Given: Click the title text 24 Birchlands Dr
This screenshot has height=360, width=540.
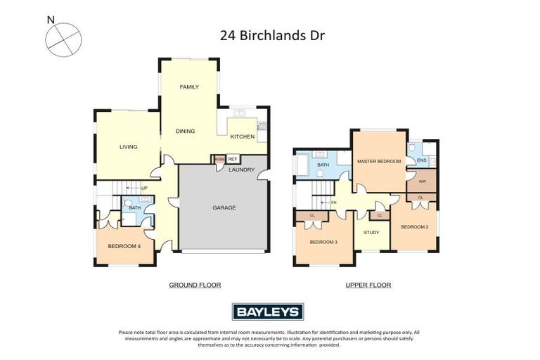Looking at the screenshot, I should [270, 34].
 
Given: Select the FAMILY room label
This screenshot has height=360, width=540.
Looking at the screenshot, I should [188, 87].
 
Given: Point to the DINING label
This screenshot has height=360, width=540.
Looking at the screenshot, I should [185, 131].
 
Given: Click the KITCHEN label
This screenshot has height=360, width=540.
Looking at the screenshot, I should [242, 136].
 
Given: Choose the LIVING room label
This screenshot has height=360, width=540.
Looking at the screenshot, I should [128, 147].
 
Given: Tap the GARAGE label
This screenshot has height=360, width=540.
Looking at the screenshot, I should [224, 207].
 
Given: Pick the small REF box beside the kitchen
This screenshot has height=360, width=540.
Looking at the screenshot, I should [233, 159].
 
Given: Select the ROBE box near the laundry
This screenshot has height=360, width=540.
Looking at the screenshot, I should [219, 159].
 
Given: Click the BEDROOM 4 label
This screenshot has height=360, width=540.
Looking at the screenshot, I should [124, 246].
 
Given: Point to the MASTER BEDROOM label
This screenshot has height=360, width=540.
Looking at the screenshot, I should [378, 162].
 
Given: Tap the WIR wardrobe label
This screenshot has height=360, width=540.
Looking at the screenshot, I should [422, 181].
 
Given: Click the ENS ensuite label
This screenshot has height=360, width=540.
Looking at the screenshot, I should [422, 161].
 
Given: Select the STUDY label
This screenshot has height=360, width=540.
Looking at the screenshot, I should [371, 233].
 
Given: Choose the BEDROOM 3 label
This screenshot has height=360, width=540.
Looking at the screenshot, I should [323, 243].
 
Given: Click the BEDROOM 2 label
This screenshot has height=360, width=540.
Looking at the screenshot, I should [415, 226].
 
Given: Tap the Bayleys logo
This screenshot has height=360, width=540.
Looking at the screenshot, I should [267, 311].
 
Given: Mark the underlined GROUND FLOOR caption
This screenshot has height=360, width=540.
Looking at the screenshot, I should [195, 285].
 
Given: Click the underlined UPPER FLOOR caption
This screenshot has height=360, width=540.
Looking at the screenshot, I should [368, 285].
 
